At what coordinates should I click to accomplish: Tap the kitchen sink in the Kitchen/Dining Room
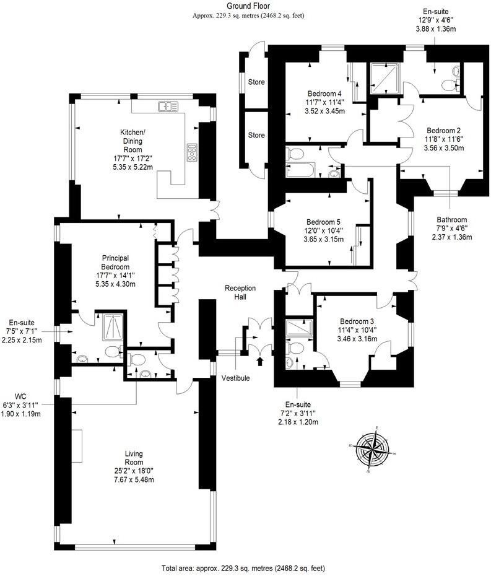click(x=167, y=107)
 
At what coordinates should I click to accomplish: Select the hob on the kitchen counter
click(x=192, y=151)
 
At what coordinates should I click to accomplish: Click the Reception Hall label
click(x=240, y=292)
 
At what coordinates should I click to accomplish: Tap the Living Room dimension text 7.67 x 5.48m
click(x=133, y=479)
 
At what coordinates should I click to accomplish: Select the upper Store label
click(x=256, y=82)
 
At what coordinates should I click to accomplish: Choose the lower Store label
click(x=256, y=135)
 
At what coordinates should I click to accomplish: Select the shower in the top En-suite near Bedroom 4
click(x=383, y=78)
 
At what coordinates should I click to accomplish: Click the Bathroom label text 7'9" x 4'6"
click(x=451, y=227)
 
